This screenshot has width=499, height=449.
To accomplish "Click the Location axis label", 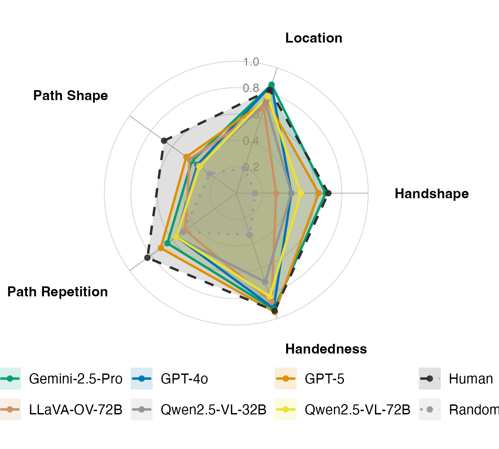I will click(314, 38).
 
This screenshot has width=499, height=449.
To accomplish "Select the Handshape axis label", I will click(431, 194).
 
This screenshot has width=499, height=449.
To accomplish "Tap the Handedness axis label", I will click(326, 349).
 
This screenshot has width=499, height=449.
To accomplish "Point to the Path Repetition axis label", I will click(58, 292).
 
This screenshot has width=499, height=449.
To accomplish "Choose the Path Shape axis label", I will click(71, 96).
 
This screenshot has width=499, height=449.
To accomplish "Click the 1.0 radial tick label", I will click(251, 62).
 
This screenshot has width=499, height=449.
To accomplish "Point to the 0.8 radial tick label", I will click(251, 88).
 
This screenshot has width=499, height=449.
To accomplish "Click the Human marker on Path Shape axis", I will click(164, 141).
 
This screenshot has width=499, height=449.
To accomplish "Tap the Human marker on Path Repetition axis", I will click(148, 257).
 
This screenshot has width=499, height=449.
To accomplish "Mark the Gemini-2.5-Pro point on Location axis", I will click(271, 84).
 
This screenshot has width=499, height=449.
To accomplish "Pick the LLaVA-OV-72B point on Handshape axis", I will click(276, 193).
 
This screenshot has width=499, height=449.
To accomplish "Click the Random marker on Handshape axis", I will click(255, 193).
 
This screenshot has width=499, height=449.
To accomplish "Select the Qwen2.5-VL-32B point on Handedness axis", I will click(265, 282).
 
